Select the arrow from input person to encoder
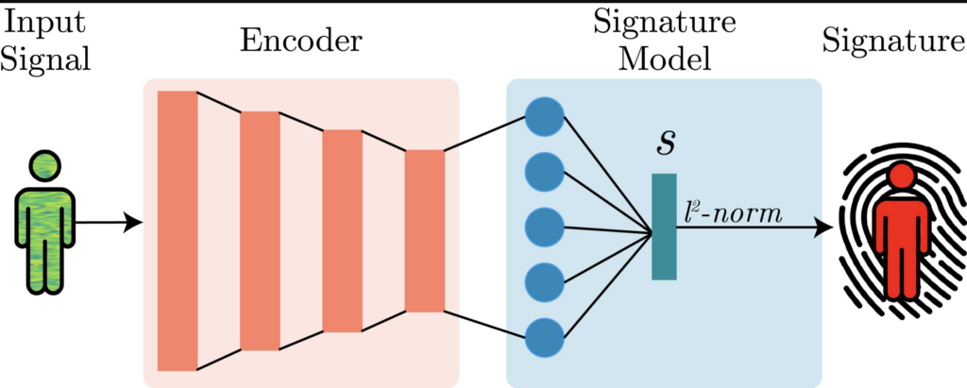coord(109,224)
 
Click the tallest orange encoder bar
coord(178,231)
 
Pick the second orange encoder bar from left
coord(260,231)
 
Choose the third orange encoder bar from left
coord(342,231)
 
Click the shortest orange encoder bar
coord(424,231)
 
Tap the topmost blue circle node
coord(544,118)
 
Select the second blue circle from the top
coord(544,172)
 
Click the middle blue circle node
coord(544,228)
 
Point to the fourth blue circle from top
coord(544,281)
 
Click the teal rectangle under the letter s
coord(664,227)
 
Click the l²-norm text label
coord(733,213)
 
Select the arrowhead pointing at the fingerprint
coord(823,228)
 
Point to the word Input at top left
coord(44,21)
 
